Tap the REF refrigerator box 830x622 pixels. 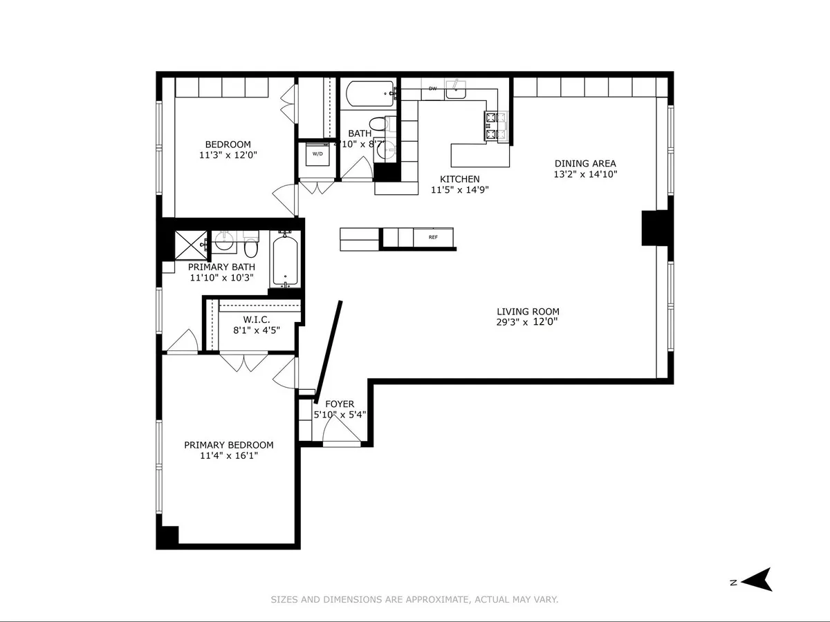coord(434,237)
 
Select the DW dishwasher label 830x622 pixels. coord(433,88)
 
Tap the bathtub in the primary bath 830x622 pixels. coord(284,261)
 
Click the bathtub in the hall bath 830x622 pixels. coord(369,93)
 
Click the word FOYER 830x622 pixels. coord(340,404)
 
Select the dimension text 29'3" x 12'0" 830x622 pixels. coord(528,321)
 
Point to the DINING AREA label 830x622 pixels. coord(585,164)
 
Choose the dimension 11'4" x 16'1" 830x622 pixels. coord(228,455)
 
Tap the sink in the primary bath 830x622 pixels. coord(223,242)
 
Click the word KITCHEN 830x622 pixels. coord(459,179)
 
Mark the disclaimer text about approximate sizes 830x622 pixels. coord(414,600)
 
